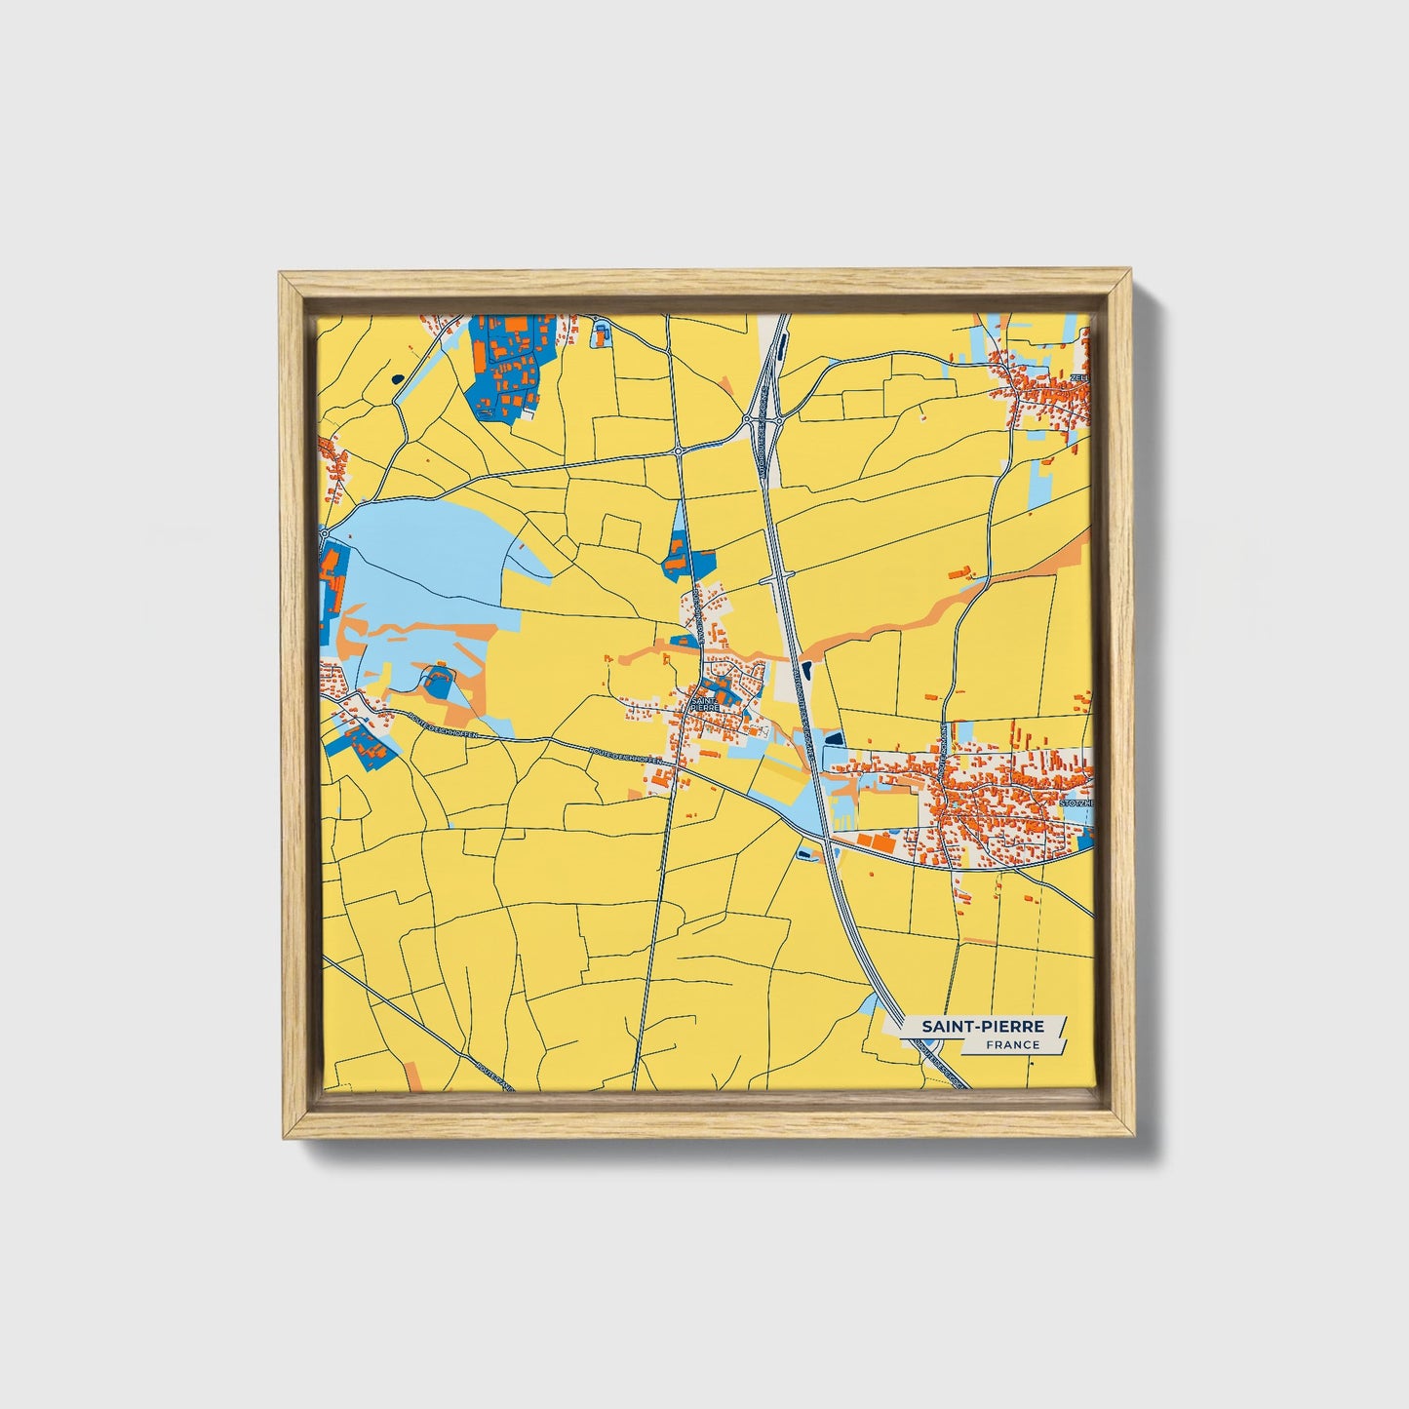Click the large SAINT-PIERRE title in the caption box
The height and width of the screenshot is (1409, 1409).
click(x=983, y=1026)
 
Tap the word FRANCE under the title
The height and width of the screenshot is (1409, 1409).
click(x=1012, y=1044)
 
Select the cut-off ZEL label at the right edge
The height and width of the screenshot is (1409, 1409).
click(x=1078, y=377)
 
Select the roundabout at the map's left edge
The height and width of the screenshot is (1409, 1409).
click(x=324, y=534)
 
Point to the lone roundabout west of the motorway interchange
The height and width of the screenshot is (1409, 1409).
click(x=678, y=451)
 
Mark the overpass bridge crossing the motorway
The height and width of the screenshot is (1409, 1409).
click(x=776, y=576)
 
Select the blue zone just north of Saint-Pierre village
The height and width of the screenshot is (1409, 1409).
click(x=686, y=561)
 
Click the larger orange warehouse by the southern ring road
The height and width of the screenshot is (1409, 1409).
click(x=881, y=841)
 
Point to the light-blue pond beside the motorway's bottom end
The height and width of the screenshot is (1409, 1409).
click(x=869, y=1005)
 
